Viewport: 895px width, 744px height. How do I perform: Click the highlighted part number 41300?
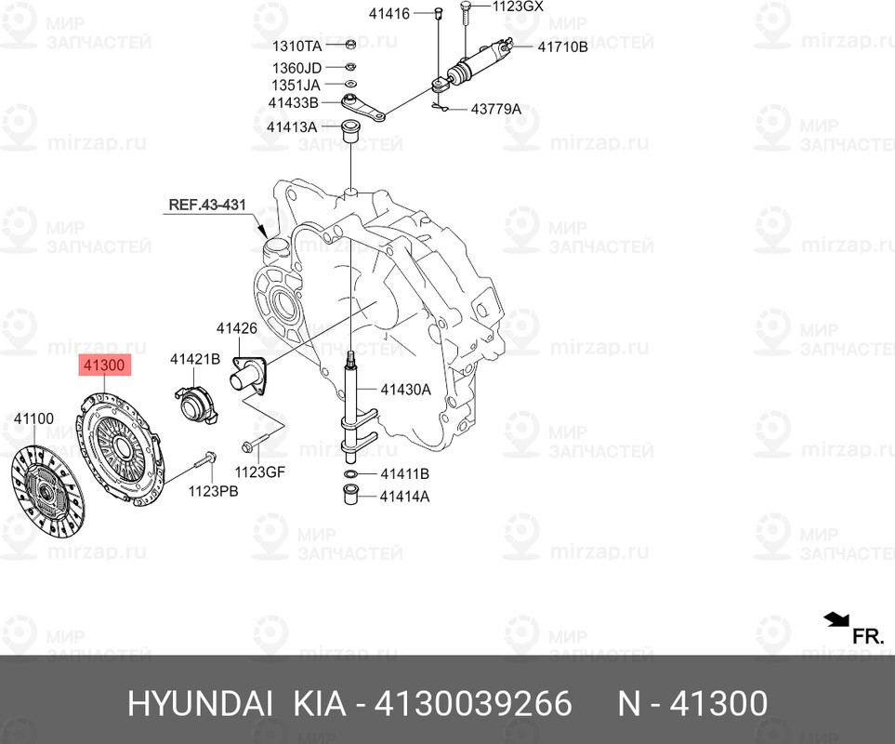tap(104, 365)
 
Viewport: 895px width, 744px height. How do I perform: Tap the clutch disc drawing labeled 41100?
tap(47, 491)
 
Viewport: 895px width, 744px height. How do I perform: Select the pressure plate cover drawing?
tap(120, 446)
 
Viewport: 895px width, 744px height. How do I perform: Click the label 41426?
tap(236, 328)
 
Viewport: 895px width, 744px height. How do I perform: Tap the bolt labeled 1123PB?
tap(204, 458)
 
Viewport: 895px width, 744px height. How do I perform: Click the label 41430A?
tap(405, 390)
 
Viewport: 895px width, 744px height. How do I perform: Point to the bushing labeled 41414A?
tap(349, 495)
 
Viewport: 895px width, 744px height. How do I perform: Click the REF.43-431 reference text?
tap(207, 205)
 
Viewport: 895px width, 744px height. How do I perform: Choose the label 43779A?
tap(495, 109)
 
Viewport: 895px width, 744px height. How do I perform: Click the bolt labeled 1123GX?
tap(466, 13)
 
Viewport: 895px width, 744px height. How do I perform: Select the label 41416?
tap(389, 14)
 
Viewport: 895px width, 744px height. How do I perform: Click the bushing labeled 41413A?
tap(349, 131)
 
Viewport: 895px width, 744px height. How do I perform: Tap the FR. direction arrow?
tap(836, 619)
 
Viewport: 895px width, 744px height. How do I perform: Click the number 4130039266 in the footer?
tap(473, 703)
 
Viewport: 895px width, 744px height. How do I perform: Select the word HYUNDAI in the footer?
tap(200, 703)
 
